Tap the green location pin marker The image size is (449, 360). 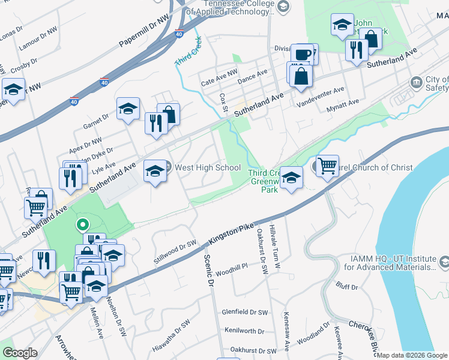[83, 226]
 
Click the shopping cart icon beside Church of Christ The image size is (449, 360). [327, 165]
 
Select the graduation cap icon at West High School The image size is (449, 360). [155, 172]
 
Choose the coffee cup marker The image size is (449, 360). [303, 54]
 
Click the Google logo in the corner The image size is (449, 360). [20, 353]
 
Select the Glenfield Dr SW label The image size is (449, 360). [244, 312]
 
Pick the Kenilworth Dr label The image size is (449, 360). [244, 331]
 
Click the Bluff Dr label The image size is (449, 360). [346, 287]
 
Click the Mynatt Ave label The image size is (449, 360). [342, 103]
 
